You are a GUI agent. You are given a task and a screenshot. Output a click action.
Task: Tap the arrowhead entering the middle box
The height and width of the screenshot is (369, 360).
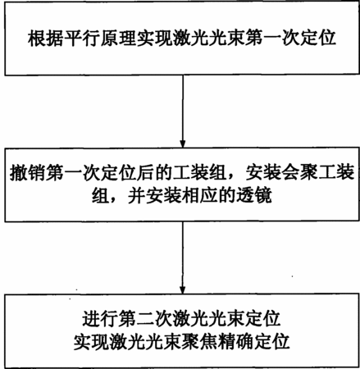click(183, 143)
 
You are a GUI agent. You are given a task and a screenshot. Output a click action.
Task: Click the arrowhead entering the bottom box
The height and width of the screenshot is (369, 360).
click(183, 290)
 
